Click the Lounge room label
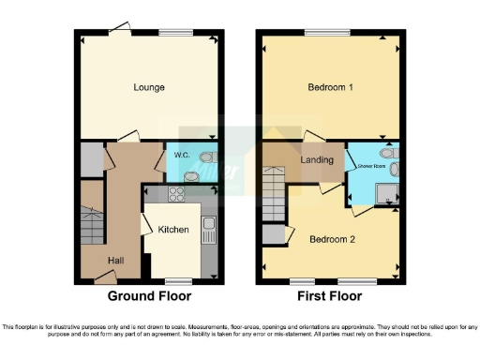[149, 87]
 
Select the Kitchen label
[173, 230]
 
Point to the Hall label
[116, 260]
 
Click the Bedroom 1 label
[330, 87]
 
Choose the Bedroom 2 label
[331, 239]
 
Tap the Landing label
[317, 160]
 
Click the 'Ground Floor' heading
[150, 296]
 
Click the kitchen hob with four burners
[175, 196]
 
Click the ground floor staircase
[92, 225]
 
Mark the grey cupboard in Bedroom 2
[272, 234]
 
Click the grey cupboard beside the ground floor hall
[92, 159]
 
